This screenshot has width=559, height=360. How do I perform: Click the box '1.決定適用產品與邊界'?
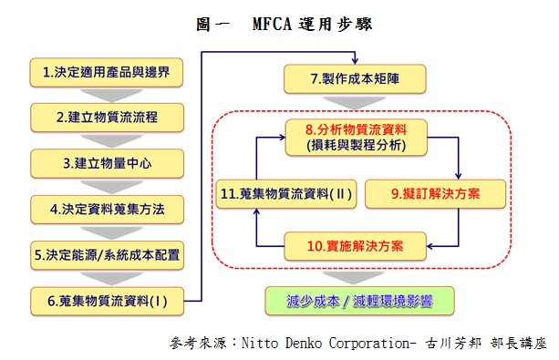pos(108,71)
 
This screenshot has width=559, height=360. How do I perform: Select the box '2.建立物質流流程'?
pos(108,117)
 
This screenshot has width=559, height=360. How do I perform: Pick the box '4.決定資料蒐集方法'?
pos(108,208)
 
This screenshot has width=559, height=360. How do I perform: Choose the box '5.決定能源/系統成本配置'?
pos(108,253)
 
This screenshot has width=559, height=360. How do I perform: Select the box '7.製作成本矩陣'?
pos(357,79)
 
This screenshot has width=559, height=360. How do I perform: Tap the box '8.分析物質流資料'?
pos(357,136)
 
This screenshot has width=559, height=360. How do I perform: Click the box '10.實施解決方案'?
pos(357,244)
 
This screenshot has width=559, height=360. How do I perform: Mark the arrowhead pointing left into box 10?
pos(425,245)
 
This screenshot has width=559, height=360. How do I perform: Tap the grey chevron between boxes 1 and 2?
pos(108,94)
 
